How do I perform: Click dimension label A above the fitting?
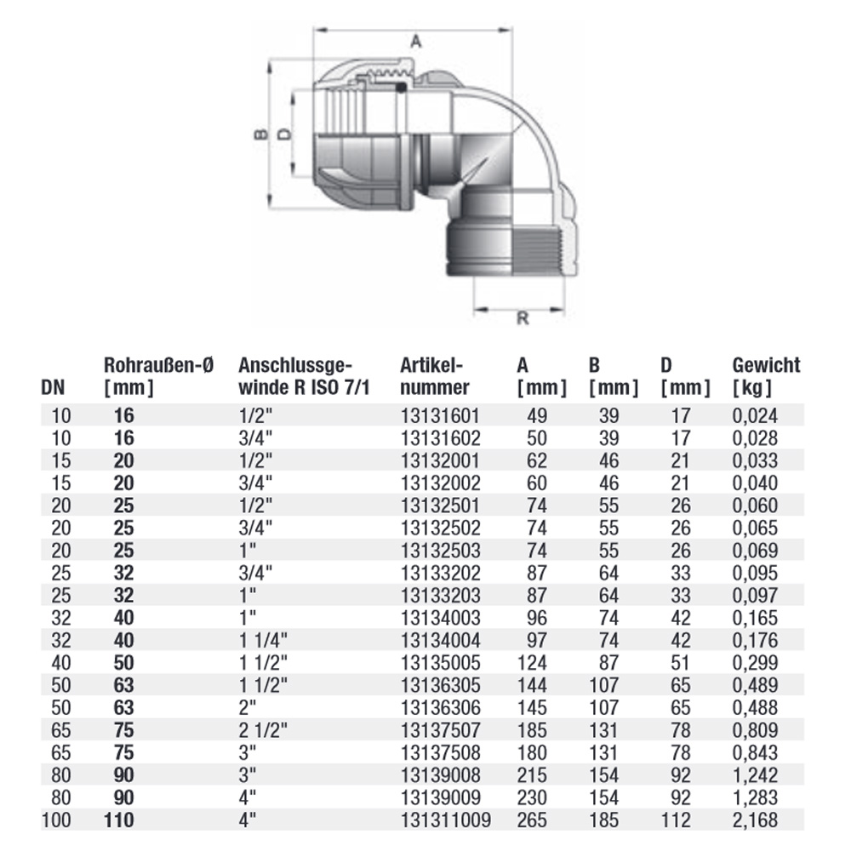416,40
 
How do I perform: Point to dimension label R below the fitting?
523,318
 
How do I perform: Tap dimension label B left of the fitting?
261,134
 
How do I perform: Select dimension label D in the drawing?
285,134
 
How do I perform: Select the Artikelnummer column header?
434,376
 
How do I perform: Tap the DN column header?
53,387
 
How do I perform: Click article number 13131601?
440,416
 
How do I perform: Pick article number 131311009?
444,819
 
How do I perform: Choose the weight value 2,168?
755,819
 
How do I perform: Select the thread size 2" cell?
248,707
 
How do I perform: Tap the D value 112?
677,819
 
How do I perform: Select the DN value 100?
54,819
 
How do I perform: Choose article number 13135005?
440,662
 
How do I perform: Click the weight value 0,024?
755,416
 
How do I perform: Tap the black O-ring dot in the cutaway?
400,87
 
